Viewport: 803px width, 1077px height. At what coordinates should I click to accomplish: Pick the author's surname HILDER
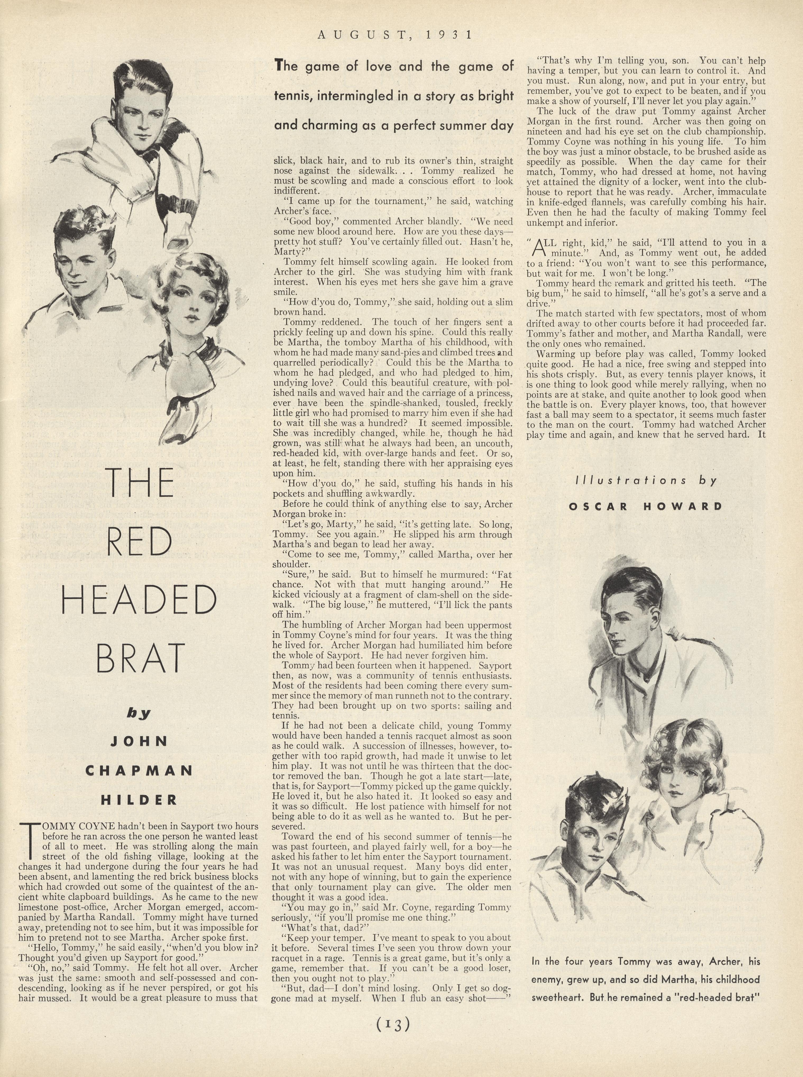pos(139,800)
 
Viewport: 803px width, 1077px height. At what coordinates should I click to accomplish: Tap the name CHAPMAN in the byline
pos(139,771)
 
